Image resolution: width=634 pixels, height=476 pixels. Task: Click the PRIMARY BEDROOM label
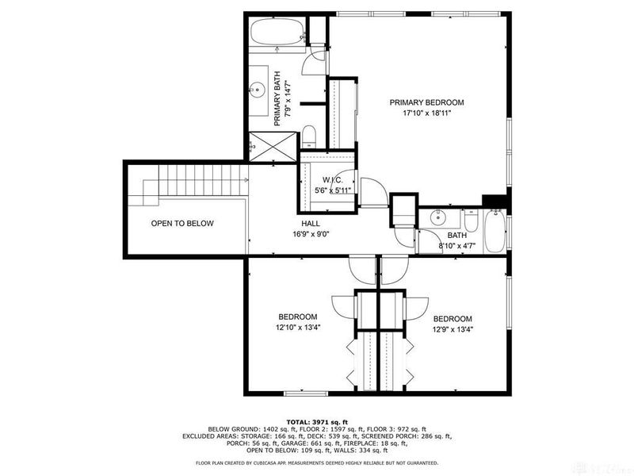426,102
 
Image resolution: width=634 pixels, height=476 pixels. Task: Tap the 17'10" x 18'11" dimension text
426,113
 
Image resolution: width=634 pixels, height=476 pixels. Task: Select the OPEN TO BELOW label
182,224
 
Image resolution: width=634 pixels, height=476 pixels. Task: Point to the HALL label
310,224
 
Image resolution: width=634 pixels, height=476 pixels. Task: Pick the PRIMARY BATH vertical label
278,99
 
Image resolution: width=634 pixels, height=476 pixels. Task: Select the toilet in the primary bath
310,135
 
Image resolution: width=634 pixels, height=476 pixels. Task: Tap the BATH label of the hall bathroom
457,236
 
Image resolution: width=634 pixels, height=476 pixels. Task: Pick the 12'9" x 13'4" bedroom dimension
453,329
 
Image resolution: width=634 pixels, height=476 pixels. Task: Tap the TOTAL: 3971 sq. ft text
316,421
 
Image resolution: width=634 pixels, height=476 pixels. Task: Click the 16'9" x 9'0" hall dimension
310,235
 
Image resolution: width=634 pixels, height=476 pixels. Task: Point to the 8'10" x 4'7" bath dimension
457,247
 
